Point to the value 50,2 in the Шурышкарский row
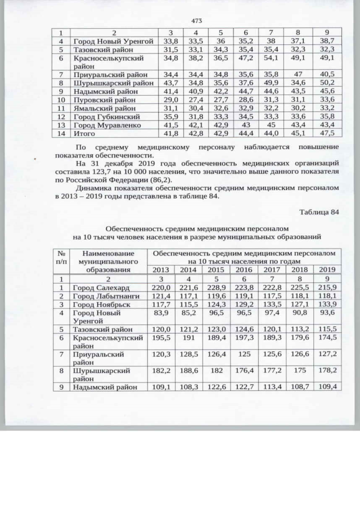pyautogui.click(x=325, y=83)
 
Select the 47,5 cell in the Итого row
pyautogui.click(x=325, y=133)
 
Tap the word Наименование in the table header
pyautogui.click(x=108, y=254)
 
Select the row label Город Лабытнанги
pyautogui.click(x=102, y=296)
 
